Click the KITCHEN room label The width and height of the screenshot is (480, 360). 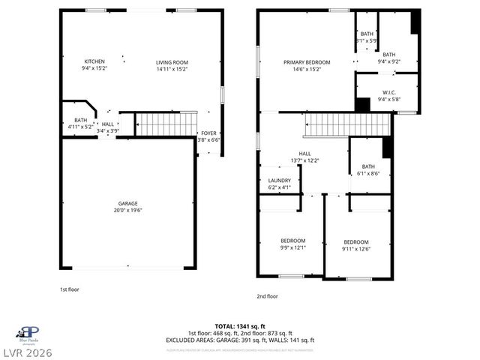click(94, 61)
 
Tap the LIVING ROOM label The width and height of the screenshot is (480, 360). click(172, 62)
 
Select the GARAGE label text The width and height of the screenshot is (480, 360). click(127, 203)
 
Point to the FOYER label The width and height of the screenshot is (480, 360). click(208, 133)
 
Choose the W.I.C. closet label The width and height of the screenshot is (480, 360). click(388, 93)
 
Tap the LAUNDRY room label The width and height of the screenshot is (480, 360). click(279, 181)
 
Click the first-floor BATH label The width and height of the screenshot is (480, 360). click(79, 120)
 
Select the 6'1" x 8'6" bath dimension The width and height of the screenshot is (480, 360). click(368, 173)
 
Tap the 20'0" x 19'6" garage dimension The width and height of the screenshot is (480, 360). click(127, 210)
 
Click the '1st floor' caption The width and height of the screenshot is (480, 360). click(70, 289)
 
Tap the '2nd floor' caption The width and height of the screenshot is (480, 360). click(267, 296)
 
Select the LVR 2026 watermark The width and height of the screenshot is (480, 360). click(27, 352)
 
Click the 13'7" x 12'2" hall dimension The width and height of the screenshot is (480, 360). click(304, 160)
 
